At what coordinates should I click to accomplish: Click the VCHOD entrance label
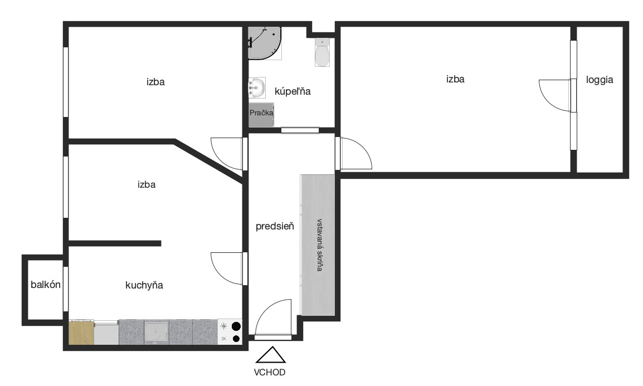click(270, 373)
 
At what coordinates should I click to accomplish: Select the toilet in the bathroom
click(322, 52)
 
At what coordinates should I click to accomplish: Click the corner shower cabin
click(265, 43)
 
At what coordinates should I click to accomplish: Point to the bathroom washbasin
click(257, 87)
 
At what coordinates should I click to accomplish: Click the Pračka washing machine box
click(261, 114)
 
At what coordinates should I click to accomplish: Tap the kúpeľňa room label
click(293, 91)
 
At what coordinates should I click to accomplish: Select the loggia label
click(600, 80)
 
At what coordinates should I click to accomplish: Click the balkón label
click(46, 285)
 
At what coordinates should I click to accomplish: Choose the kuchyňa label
click(144, 285)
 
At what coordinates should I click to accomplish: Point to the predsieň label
click(275, 226)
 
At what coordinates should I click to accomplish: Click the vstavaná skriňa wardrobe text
click(319, 245)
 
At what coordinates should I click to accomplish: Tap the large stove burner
click(236, 326)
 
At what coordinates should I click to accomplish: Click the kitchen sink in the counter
click(156, 332)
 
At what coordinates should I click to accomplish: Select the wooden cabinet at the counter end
click(81, 332)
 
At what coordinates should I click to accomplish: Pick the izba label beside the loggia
click(455, 79)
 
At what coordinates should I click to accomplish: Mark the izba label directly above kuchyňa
click(147, 184)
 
